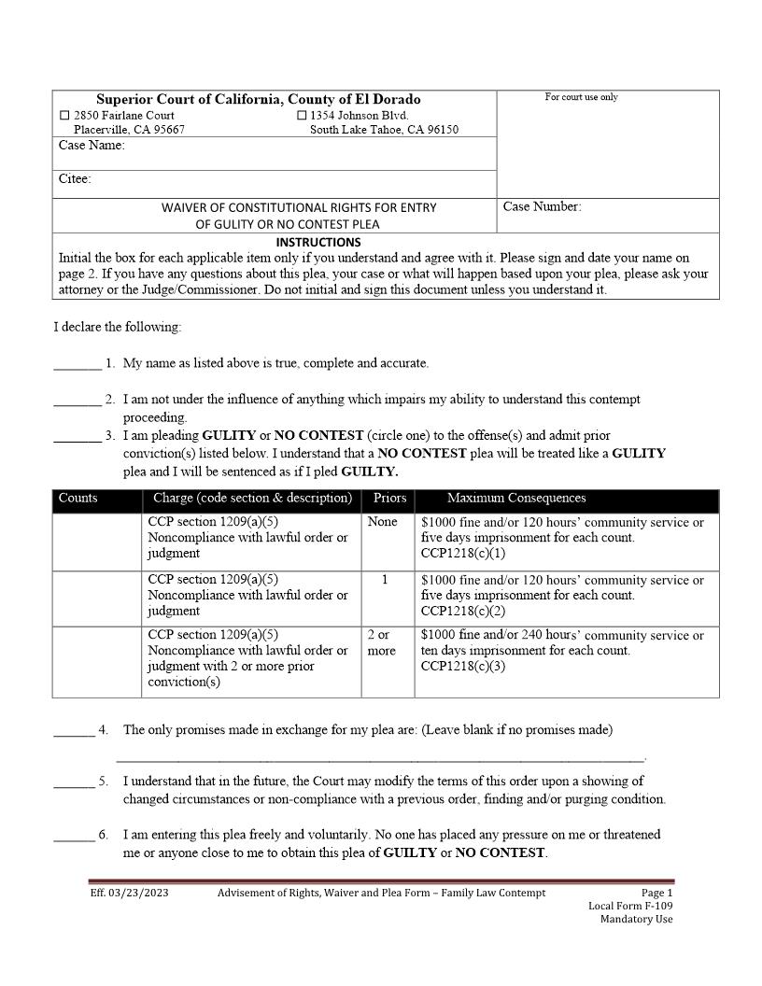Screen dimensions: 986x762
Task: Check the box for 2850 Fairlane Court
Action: (64, 116)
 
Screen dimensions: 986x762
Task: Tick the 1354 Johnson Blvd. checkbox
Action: (302, 116)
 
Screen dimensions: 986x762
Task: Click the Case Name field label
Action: (92, 146)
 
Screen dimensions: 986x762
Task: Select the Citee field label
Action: (75, 179)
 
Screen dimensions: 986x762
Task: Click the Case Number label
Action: (542, 207)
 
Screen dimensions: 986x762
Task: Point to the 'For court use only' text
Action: (581, 97)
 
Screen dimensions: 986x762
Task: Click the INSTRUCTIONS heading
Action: (318, 242)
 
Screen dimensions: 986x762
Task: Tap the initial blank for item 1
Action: (77, 364)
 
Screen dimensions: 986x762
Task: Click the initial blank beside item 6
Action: (73, 836)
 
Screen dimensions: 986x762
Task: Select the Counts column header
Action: (78, 499)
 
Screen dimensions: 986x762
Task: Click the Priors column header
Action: (389, 499)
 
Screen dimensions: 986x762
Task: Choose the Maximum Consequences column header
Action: (516, 499)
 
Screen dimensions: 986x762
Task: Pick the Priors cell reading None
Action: (382, 522)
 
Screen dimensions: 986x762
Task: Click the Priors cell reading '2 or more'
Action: (381, 642)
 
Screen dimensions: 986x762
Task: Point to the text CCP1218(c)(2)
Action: (463, 611)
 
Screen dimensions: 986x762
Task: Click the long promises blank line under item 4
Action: (381, 757)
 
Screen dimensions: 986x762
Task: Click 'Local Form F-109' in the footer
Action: (629, 906)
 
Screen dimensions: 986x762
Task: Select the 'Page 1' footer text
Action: (656, 893)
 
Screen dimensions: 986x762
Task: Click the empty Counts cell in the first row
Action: (96, 542)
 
